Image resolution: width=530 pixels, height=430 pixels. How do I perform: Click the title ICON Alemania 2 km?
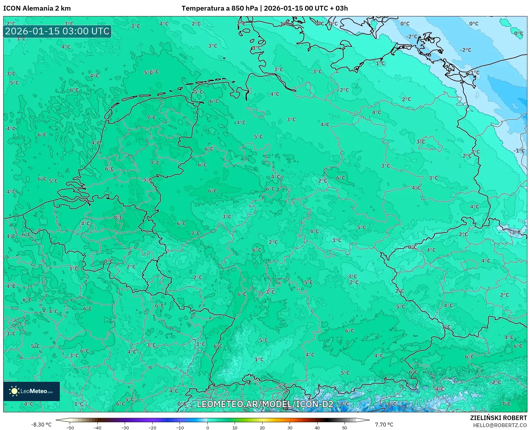coord(37,8)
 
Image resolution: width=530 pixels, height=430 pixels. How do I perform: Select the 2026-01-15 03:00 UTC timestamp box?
coord(57,31)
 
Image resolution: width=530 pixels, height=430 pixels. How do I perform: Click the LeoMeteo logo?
coord(31,391)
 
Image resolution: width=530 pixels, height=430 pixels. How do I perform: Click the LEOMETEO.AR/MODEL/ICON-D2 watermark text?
coord(265,404)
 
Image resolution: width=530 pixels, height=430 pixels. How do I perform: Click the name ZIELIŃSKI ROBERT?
coord(499,418)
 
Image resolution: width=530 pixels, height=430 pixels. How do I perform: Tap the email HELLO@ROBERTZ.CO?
coord(500,425)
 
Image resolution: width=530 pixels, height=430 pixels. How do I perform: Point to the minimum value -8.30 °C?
coord(41,425)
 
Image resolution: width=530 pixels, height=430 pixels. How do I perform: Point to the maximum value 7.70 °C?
coord(384,425)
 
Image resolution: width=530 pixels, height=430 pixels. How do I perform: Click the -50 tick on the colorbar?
coord(70,428)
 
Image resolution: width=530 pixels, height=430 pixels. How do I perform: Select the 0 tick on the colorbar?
coord(207,428)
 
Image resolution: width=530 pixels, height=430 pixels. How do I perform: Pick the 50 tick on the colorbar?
coord(345,428)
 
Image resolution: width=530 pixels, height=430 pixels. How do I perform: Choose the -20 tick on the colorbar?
coord(152,428)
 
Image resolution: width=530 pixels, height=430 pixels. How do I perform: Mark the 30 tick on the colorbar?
coord(290,428)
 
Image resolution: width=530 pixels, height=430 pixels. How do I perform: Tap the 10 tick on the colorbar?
coord(235,428)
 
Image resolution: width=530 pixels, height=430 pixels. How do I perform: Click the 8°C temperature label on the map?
coord(118,218)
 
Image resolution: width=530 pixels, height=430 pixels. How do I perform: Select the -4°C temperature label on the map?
coord(439,389)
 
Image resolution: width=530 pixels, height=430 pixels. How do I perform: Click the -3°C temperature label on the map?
coord(515,232)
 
